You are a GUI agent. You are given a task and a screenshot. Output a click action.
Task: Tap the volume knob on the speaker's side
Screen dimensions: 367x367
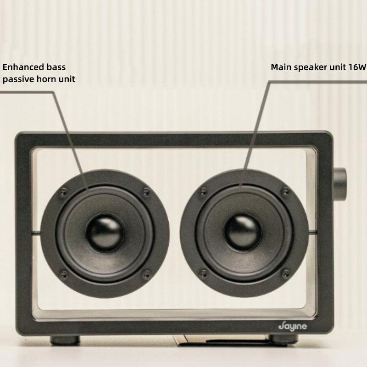tap(340, 181)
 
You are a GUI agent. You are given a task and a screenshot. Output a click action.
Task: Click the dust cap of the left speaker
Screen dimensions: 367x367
tap(105, 230)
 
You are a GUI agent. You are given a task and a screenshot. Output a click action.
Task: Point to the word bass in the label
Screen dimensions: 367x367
tap(56, 67)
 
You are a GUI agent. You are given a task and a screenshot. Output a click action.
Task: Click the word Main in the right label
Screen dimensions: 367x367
tap(280, 67)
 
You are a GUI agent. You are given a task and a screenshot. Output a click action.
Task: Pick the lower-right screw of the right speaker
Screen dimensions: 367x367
tap(285, 274)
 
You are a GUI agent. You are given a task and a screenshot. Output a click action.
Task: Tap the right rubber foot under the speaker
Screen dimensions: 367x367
tap(280, 339)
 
